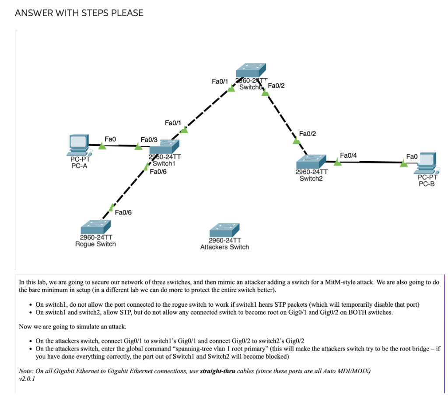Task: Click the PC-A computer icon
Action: tap(78, 145)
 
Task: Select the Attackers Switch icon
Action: tap(224, 230)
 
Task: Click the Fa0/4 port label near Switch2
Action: tap(348, 155)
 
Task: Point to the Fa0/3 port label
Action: tap(149, 139)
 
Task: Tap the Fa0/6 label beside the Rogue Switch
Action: tap(123, 212)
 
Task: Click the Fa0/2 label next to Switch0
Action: tap(276, 86)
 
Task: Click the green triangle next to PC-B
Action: tap(403, 163)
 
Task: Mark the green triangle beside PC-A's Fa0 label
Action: tap(102, 145)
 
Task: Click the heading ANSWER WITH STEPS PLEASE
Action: tap(79, 13)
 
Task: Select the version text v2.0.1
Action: tap(27, 379)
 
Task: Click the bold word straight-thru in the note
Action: tap(217, 371)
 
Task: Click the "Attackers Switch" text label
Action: tap(224, 247)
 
